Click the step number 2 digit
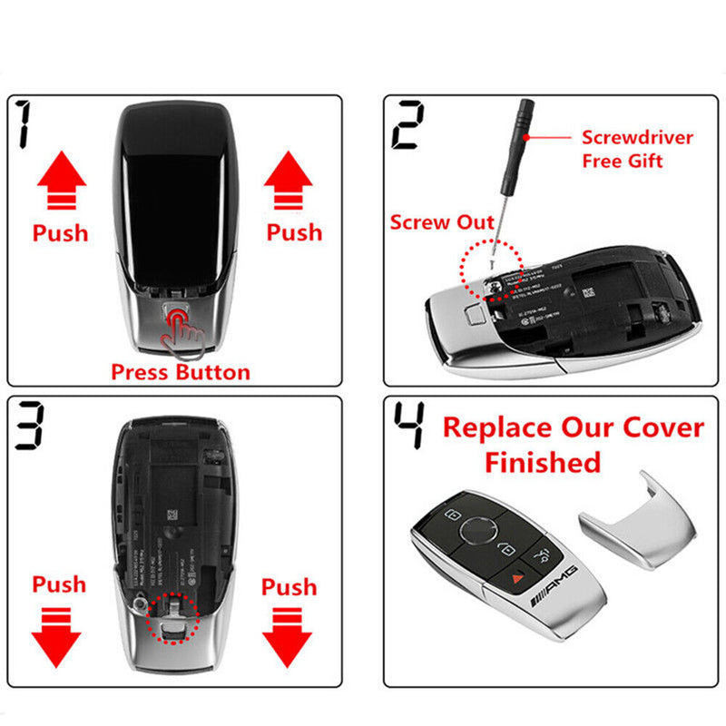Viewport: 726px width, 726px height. pos(407,127)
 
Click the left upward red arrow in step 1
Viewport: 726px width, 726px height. pos(61,181)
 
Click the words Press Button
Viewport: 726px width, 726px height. pos(180,371)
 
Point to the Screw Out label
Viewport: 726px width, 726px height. pos(443,222)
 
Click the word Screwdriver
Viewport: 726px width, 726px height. pos(637,138)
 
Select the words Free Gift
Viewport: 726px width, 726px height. pos(622,162)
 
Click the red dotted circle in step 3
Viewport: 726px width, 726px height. pos(172,617)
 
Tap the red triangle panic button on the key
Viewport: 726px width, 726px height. pos(515,574)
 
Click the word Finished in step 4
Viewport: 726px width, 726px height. pos(542,462)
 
